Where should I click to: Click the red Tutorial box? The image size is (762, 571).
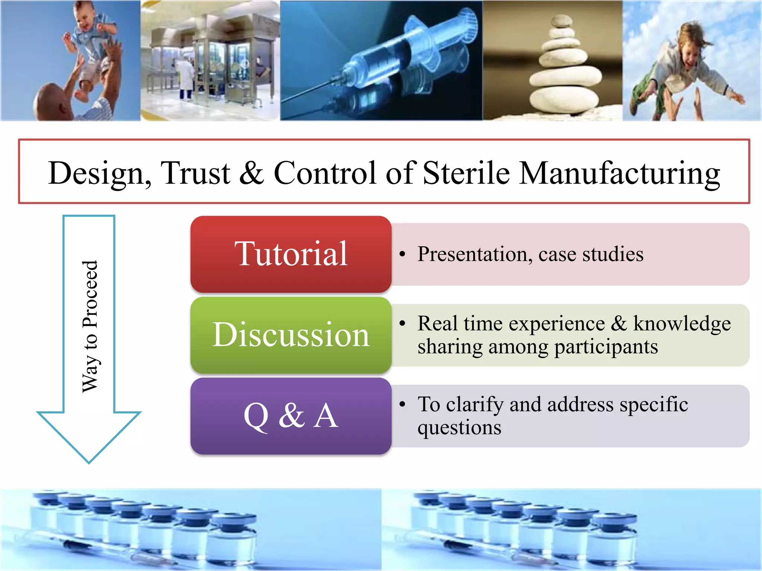(291, 254)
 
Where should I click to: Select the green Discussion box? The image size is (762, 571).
(291, 335)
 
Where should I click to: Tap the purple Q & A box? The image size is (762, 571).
(291, 416)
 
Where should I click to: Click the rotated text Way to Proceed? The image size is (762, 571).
(90, 326)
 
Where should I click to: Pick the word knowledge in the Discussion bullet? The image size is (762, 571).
(682, 324)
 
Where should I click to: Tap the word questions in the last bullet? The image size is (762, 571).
(459, 428)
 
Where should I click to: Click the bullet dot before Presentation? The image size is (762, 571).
(402, 254)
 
